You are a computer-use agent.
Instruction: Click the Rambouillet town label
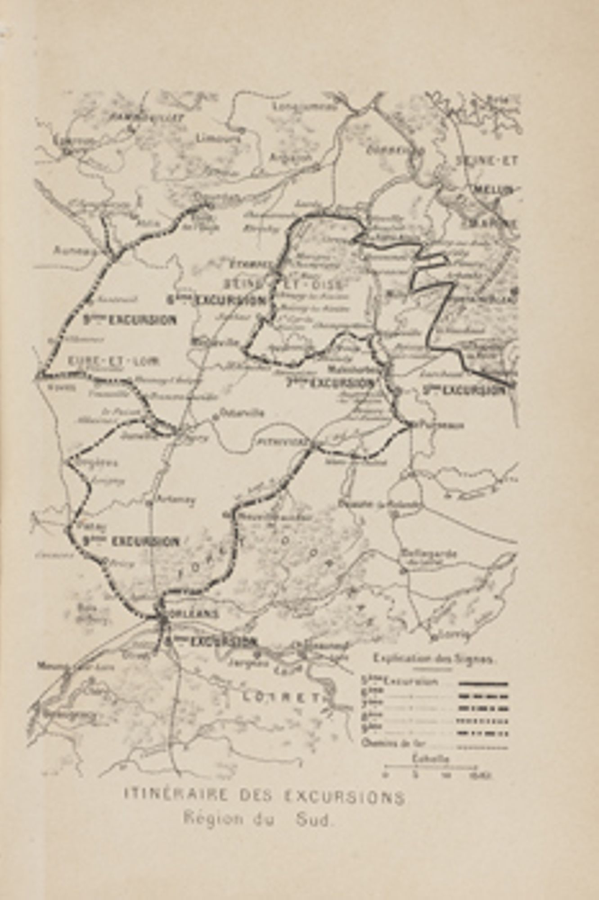tap(147, 118)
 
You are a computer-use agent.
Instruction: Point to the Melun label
tap(493, 190)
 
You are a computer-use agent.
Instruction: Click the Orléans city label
tap(194, 614)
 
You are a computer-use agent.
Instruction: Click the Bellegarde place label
tap(428, 553)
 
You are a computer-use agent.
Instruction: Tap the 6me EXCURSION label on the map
tap(216, 300)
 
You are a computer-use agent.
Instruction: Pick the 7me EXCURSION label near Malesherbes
tap(330, 383)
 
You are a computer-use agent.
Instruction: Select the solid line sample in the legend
tap(483, 684)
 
